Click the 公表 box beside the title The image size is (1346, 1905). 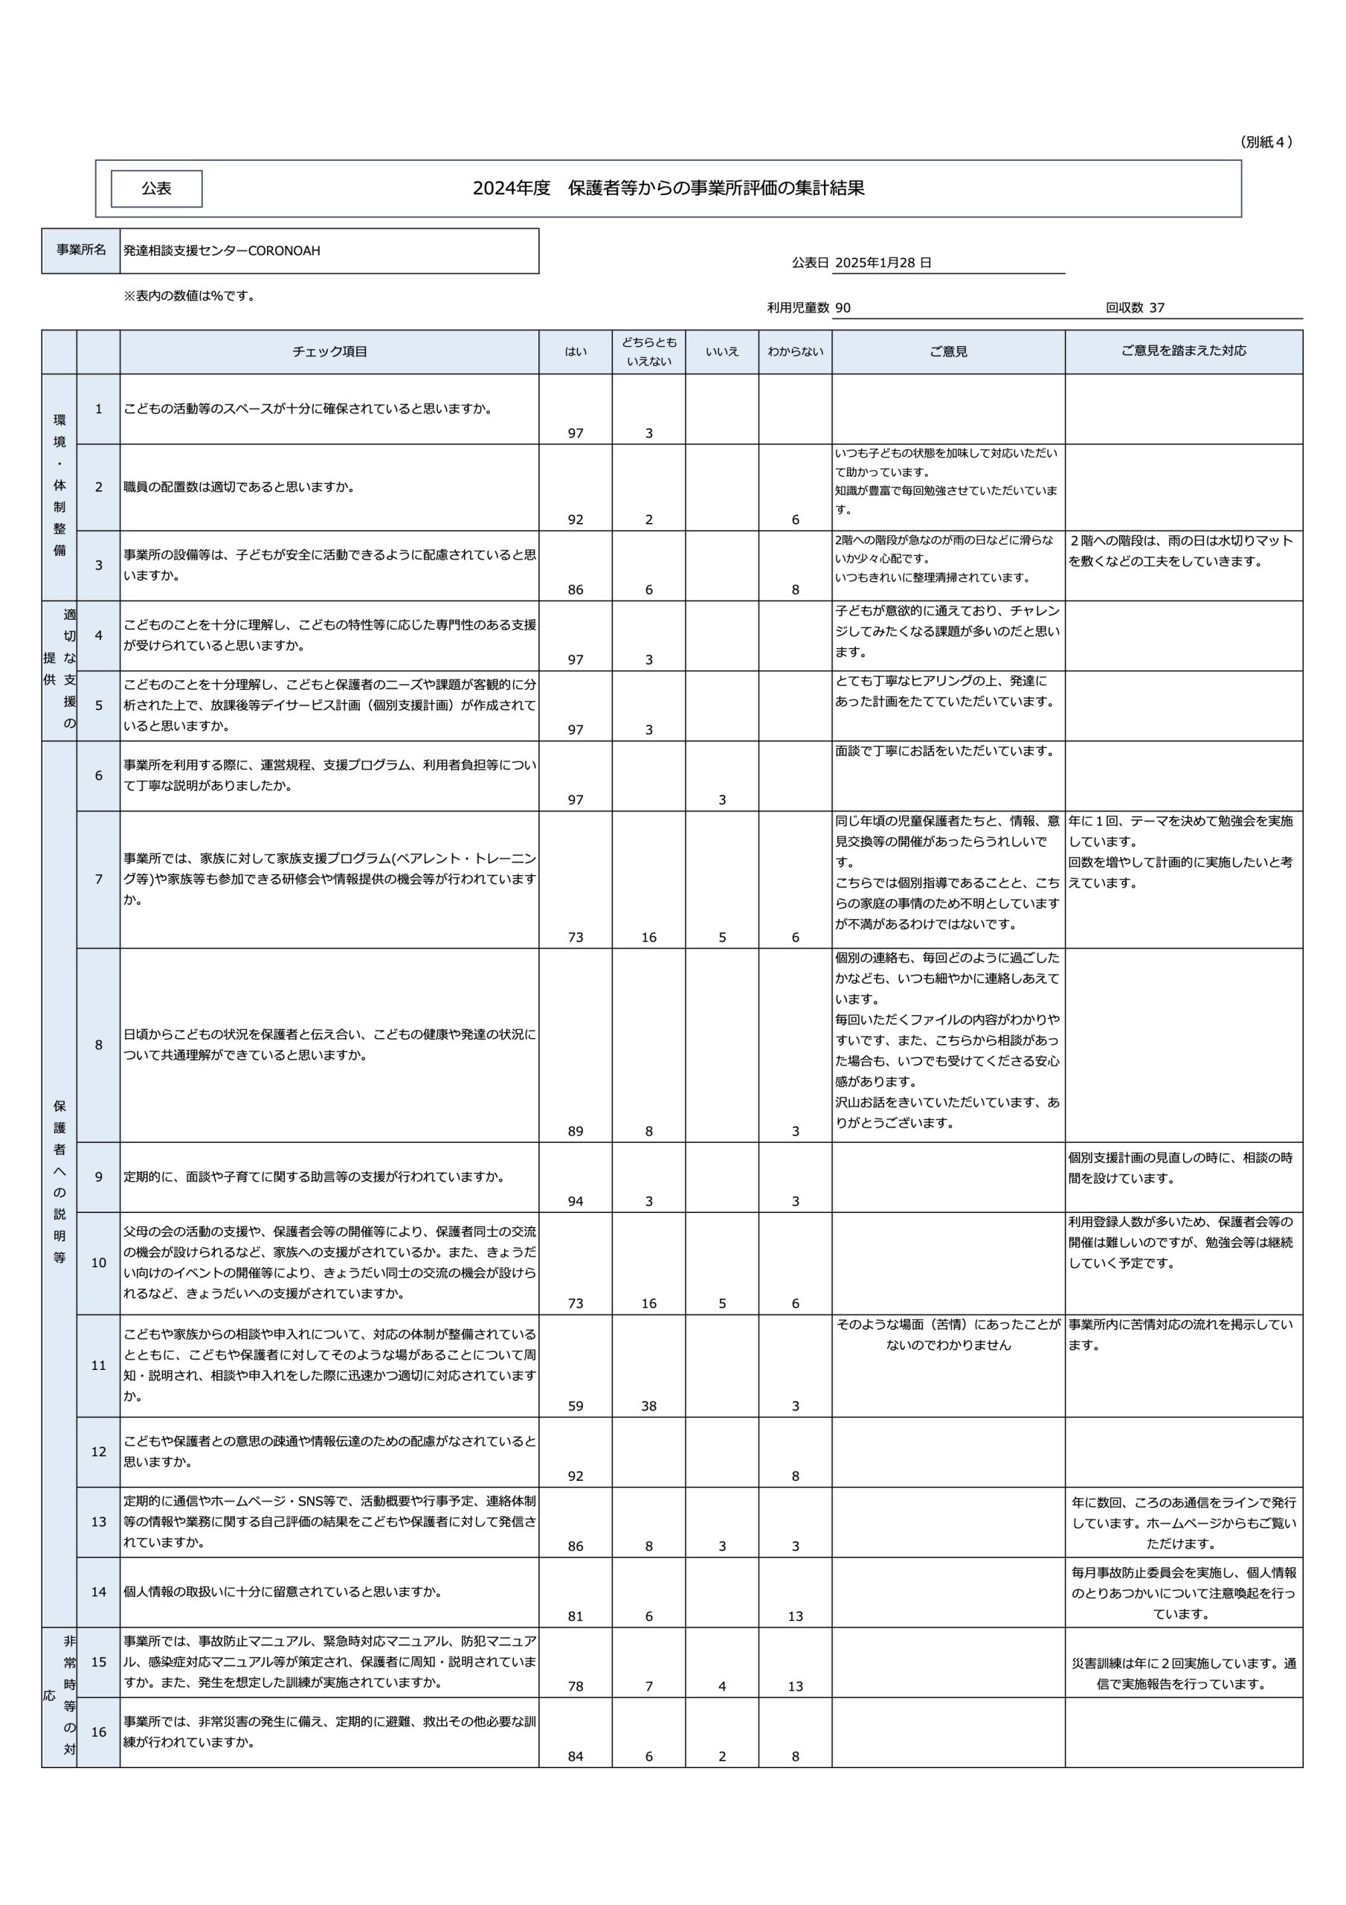(x=156, y=188)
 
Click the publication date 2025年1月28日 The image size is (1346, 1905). (x=883, y=262)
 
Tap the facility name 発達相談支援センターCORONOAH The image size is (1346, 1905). (x=222, y=251)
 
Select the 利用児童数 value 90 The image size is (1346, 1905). (x=843, y=308)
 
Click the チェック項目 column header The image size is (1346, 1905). (x=329, y=352)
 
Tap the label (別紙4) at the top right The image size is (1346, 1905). (x=1266, y=142)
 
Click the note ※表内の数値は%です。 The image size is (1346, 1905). (x=189, y=295)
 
